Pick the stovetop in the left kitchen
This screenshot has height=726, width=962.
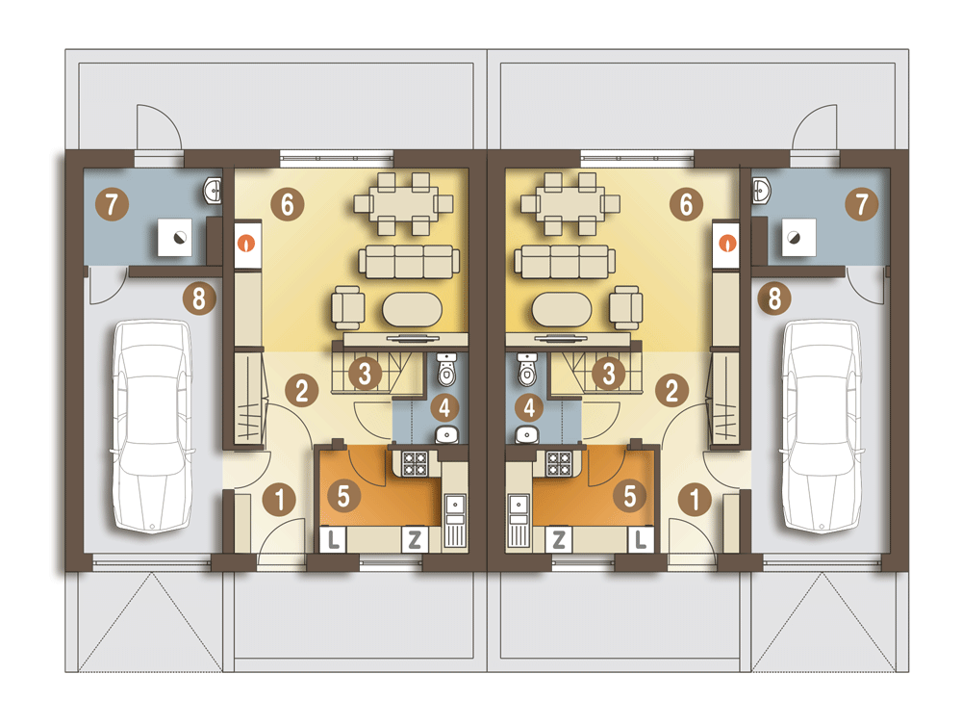[x=415, y=463]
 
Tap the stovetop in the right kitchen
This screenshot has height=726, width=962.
[x=559, y=463]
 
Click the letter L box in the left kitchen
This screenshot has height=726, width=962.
[x=333, y=539]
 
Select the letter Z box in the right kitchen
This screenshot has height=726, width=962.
[x=558, y=539]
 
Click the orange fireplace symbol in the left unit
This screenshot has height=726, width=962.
[x=248, y=242]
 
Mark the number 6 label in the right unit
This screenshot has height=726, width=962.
[x=686, y=204]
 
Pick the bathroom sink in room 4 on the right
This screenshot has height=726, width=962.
[x=525, y=433]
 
